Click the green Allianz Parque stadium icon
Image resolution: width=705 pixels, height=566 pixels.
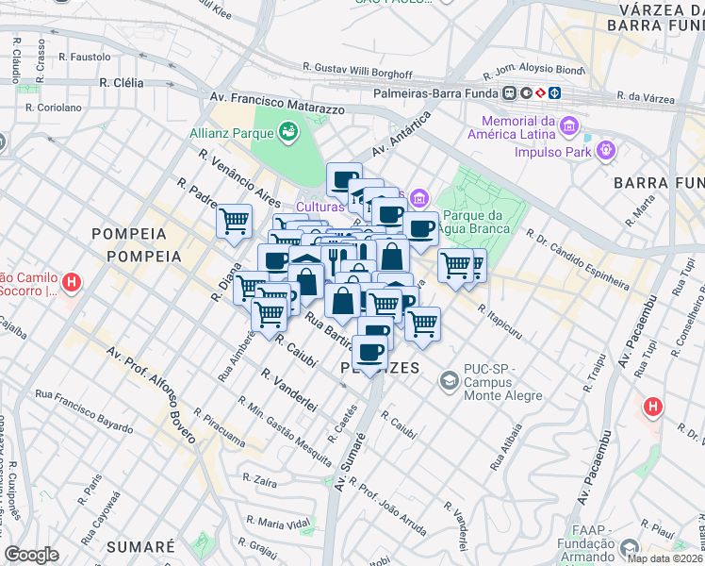point(287,132)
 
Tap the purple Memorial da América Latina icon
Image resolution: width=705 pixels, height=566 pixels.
point(568,126)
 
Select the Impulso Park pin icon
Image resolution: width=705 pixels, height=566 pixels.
point(605,150)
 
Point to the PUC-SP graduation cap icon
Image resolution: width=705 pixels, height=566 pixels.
point(449,380)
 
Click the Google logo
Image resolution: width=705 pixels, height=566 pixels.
point(31,555)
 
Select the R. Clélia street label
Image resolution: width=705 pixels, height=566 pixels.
point(121,83)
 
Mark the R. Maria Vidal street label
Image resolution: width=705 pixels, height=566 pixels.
point(277,523)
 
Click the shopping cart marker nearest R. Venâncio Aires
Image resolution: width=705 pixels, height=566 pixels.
point(234,222)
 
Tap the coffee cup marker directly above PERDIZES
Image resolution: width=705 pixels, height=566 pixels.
point(370,352)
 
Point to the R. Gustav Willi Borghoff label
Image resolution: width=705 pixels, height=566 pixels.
point(357,69)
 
